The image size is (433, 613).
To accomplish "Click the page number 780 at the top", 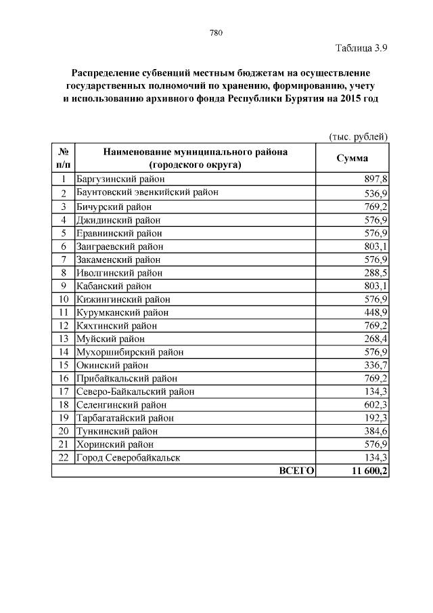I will [x=216, y=33].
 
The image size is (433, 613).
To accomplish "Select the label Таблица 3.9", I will [x=361, y=48].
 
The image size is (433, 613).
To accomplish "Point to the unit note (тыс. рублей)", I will [x=358, y=136].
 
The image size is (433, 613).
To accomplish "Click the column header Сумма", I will [x=352, y=158].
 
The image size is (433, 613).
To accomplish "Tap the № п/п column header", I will [x=63, y=158].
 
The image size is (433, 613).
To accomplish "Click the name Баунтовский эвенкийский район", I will [x=147, y=193].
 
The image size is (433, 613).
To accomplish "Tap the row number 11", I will [x=63, y=312].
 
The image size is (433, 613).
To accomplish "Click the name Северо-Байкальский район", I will [x=135, y=392].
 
